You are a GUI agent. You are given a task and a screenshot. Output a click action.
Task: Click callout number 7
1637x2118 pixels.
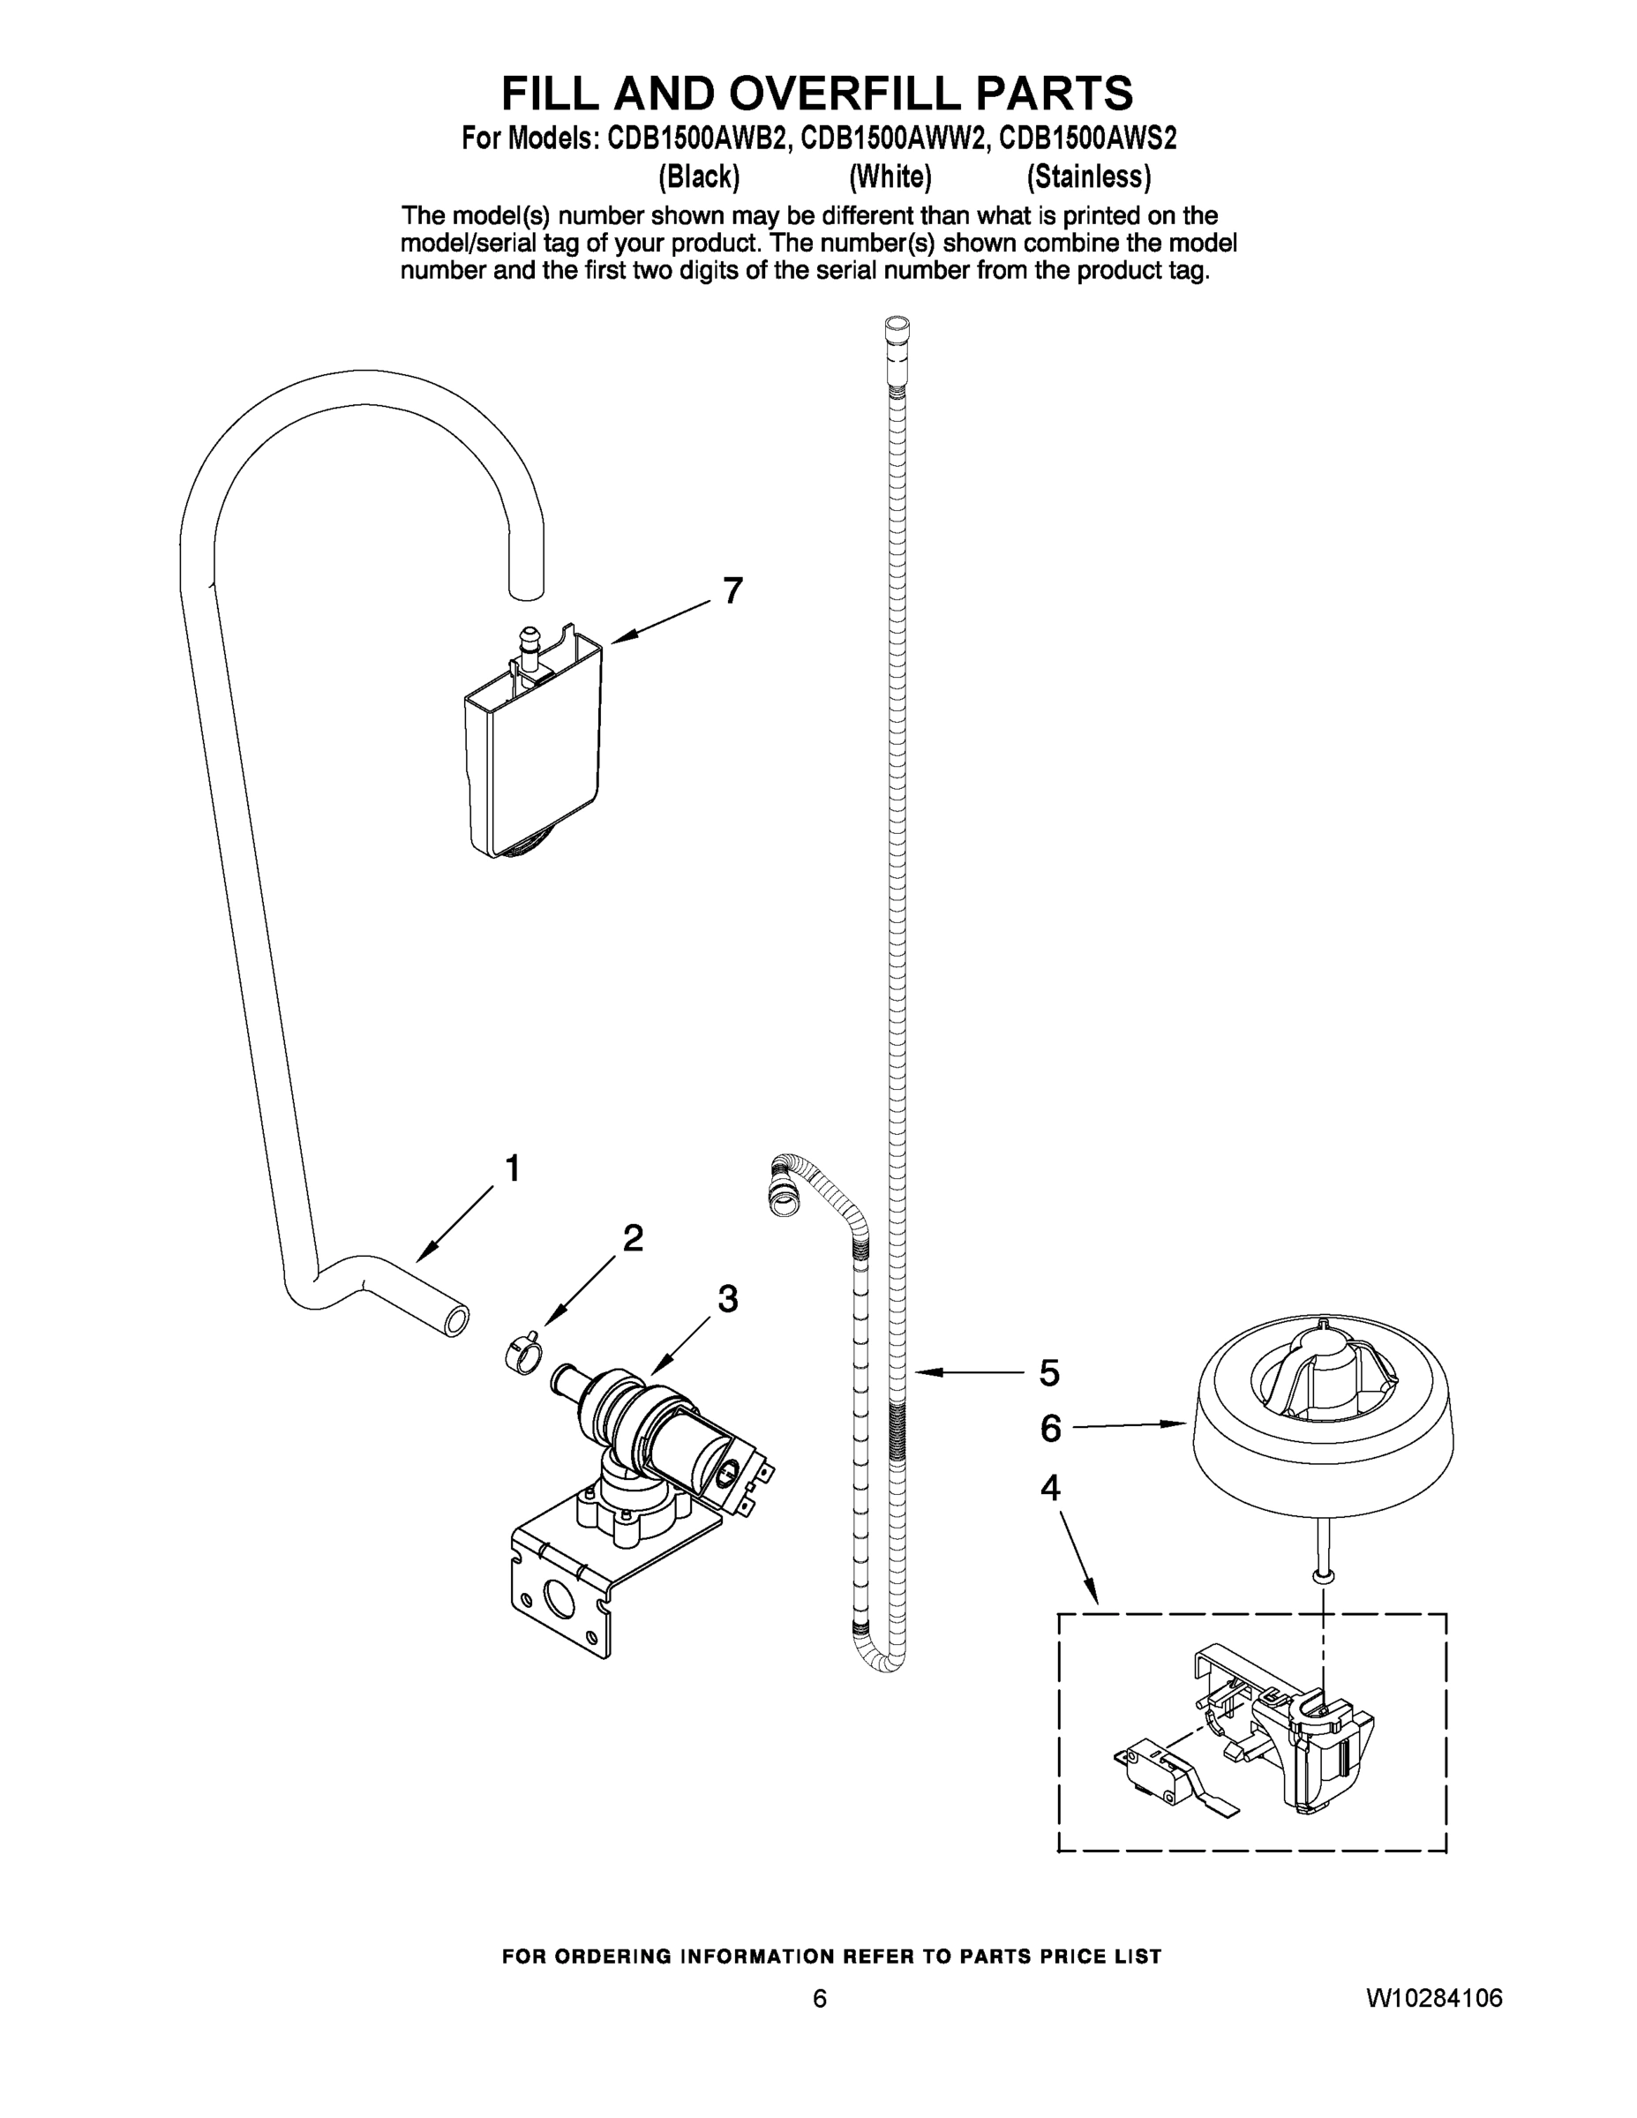(x=732, y=590)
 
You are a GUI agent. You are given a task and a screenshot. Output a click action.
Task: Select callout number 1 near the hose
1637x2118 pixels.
(x=513, y=1168)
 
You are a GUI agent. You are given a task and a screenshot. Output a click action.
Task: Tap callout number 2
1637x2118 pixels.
(x=633, y=1238)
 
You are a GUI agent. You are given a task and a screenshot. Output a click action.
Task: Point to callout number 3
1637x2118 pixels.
(x=727, y=1300)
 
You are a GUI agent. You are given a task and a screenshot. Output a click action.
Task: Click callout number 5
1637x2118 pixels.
(x=1049, y=1373)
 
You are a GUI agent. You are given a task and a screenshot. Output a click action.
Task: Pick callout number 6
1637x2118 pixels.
(x=1050, y=1429)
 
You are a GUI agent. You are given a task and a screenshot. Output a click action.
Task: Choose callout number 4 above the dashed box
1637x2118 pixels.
(x=1049, y=1488)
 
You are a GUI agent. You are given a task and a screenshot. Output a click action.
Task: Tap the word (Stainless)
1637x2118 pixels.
(x=1088, y=176)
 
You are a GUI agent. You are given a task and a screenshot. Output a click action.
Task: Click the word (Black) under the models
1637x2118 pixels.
(x=698, y=176)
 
